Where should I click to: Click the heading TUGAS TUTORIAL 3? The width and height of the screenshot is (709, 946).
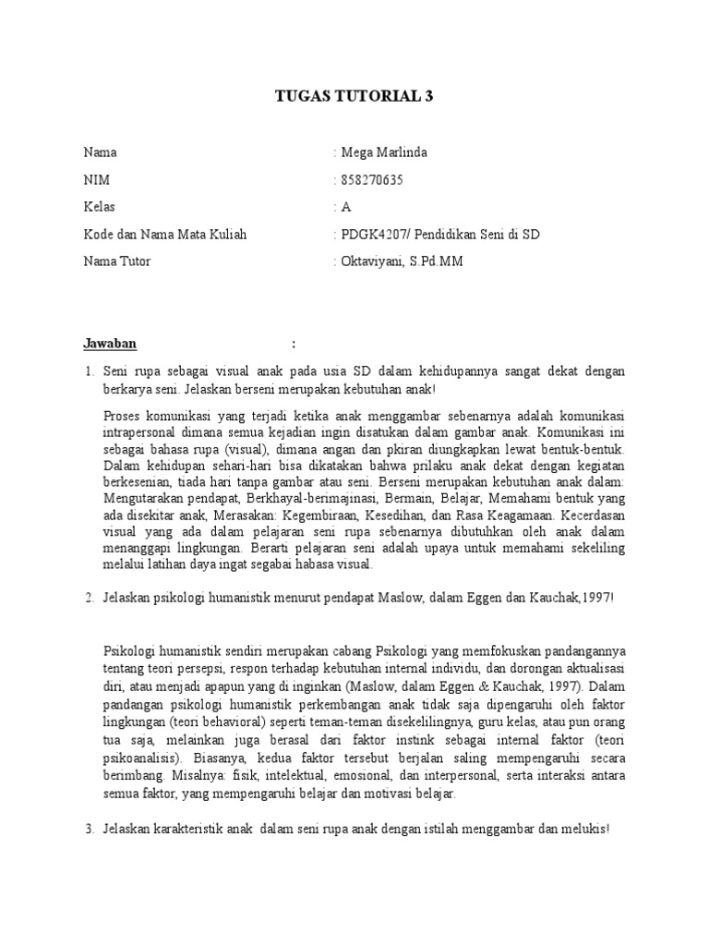click(354, 96)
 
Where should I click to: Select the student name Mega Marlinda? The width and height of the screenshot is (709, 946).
click(385, 152)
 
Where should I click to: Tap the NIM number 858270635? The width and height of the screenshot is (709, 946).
click(372, 180)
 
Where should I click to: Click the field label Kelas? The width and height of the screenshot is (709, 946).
click(100, 207)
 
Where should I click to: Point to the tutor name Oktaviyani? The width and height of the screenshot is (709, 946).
click(373, 261)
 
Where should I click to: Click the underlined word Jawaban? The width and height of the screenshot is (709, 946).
click(110, 344)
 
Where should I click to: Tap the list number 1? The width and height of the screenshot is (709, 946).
click(89, 371)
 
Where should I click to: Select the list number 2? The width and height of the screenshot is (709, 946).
click(89, 598)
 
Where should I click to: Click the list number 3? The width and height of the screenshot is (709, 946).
click(89, 830)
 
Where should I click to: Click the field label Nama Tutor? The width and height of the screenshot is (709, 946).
click(116, 261)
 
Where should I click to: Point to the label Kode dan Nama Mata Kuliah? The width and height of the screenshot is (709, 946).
click(165, 235)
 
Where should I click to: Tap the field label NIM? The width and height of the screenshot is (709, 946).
click(96, 180)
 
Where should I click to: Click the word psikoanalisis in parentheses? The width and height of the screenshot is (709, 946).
click(141, 749)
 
